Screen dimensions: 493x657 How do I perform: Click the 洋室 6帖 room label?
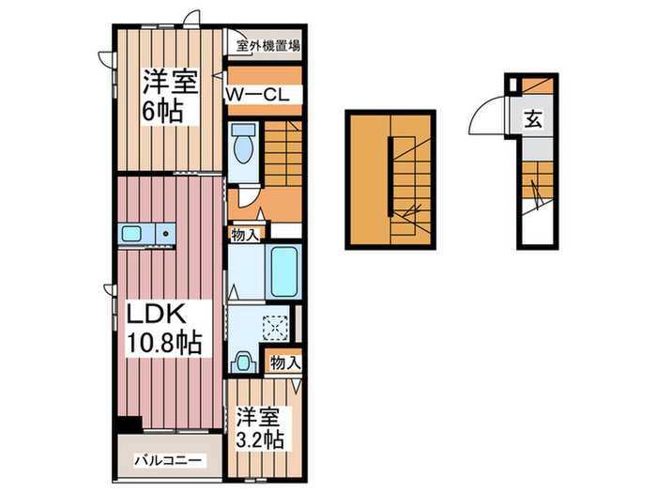(x=170, y=96)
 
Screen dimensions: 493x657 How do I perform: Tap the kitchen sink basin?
(x=130, y=234)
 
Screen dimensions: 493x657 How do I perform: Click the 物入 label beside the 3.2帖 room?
(x=283, y=362)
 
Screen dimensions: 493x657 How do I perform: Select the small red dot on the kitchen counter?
(x=164, y=233)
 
